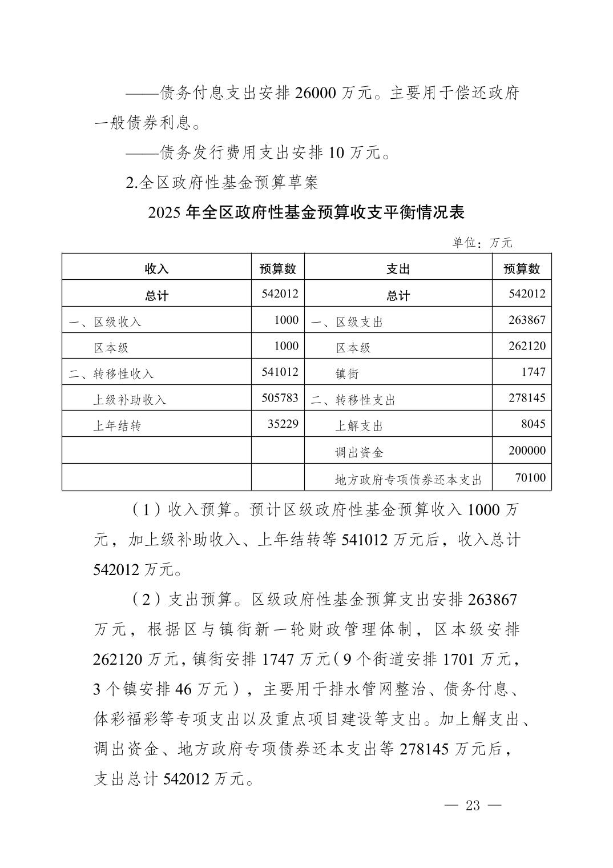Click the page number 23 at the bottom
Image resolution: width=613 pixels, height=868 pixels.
(473, 806)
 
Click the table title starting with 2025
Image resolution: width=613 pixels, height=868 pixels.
(306, 212)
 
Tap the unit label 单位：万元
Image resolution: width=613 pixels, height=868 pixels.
(482, 243)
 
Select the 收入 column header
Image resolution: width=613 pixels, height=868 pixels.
(156, 269)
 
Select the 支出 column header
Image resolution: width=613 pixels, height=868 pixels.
(398, 269)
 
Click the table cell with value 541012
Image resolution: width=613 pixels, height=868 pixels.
(280, 372)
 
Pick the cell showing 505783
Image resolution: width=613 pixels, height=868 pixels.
(280, 398)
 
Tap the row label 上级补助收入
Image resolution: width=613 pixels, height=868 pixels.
(130, 400)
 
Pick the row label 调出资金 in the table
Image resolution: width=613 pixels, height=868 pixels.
(359, 453)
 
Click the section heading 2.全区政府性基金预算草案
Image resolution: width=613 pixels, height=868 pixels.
(222, 182)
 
